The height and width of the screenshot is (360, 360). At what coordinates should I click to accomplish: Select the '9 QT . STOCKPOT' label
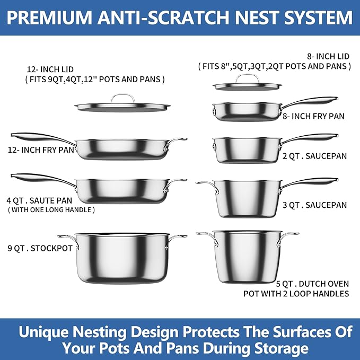pyautogui.click(x=40, y=248)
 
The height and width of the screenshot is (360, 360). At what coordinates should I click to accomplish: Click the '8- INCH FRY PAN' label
pyautogui.click(x=314, y=116)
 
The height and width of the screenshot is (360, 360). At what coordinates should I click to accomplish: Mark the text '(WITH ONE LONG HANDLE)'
pyautogui.click(x=51, y=210)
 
